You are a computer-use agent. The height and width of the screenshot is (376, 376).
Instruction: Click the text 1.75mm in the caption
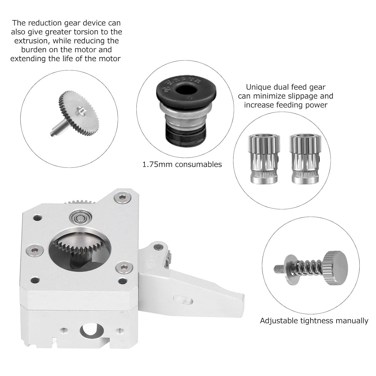(157, 164)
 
